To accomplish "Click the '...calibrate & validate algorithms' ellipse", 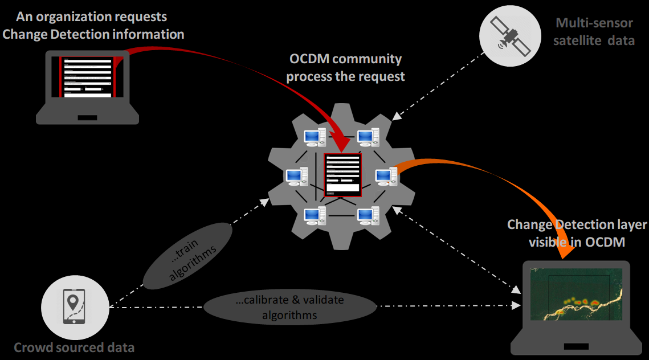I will [x=290, y=307].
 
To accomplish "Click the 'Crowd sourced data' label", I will [x=74, y=347].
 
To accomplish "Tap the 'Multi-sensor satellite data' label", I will [x=595, y=32].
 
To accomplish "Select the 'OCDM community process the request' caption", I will [x=345, y=67].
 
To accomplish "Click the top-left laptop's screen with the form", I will [x=88, y=77].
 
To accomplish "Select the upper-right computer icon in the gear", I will [x=368, y=137].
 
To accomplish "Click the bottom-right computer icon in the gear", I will [x=368, y=216].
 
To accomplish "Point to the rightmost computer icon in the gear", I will [x=386, y=177].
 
